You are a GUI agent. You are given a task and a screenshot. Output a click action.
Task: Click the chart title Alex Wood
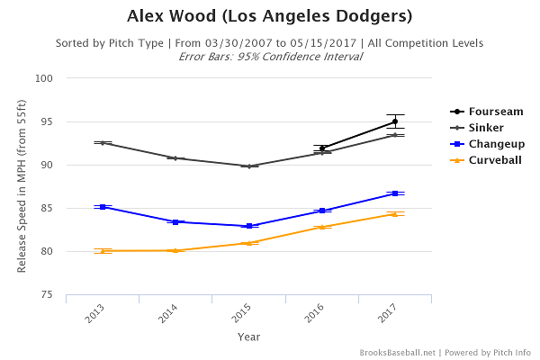point(270,16)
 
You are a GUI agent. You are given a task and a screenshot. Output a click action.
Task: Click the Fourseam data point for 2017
point(395,121)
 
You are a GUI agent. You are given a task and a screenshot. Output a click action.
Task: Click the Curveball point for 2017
point(395,214)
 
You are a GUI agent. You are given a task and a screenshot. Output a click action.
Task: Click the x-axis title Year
point(249,337)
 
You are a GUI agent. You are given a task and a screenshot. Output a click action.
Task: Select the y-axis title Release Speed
point(22,186)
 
